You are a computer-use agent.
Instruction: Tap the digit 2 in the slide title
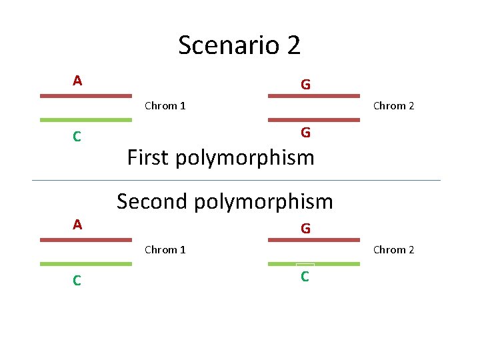[294, 45]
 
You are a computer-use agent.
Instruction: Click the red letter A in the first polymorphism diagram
[77, 81]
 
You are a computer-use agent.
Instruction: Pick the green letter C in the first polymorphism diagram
[77, 137]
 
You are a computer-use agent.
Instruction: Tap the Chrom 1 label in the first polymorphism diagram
[165, 105]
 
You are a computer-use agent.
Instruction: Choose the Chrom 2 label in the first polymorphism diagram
[393, 105]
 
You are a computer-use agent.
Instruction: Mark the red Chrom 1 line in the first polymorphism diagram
[86, 96]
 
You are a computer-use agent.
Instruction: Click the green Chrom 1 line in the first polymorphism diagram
[86, 120]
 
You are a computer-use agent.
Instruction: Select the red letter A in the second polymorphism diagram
[77, 225]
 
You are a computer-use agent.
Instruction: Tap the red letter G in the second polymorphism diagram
[305, 229]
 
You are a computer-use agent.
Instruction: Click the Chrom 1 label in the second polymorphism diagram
[165, 249]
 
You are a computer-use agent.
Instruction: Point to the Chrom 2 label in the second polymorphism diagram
[393, 249]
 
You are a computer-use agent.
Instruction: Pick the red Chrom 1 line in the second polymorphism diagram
[86, 239]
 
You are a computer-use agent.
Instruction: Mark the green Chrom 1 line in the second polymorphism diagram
[86, 264]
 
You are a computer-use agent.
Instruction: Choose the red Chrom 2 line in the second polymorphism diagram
[314, 239]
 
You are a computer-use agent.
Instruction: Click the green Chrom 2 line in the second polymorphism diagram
[314, 264]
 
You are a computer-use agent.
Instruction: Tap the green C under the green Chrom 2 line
[305, 277]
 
